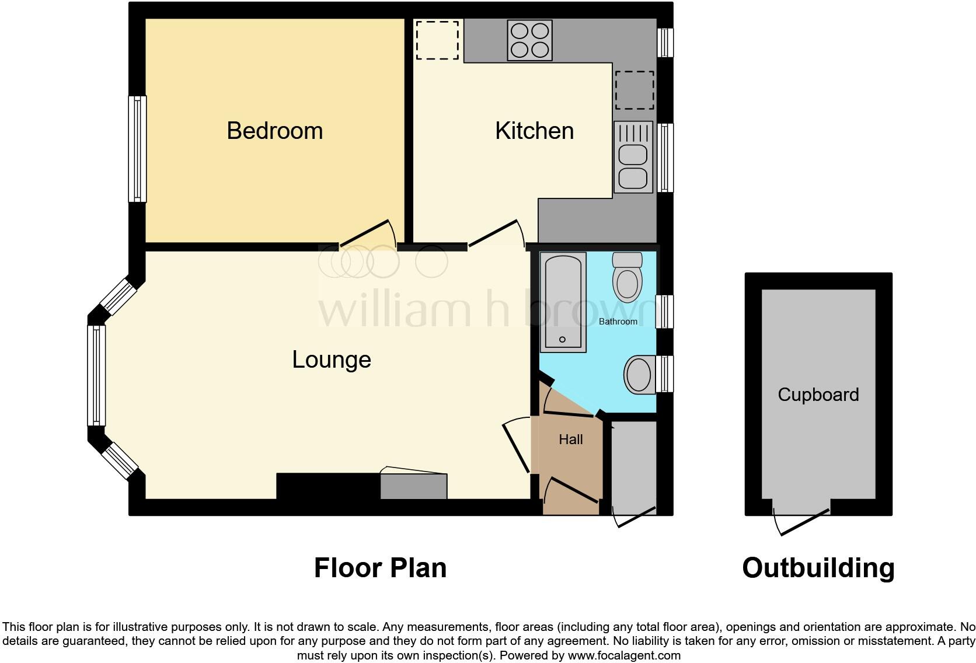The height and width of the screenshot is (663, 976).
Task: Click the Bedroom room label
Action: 274,131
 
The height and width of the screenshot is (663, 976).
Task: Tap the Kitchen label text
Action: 534,131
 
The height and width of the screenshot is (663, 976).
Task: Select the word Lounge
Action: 331,360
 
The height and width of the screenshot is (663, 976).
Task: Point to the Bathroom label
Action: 618,322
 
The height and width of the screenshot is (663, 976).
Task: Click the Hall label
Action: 570,439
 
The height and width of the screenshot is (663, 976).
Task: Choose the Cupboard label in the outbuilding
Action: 818,395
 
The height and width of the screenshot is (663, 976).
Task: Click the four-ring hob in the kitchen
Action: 529,40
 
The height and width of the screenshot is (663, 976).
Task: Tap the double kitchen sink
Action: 633,157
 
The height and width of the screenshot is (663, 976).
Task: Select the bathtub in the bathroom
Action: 563,302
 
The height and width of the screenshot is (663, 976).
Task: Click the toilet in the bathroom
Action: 627,277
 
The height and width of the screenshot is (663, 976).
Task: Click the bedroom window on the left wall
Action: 138,149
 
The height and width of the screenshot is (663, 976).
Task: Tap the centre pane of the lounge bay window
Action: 97,375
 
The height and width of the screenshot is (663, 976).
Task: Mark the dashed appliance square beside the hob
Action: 437,40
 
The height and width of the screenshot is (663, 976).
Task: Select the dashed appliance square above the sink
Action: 634,90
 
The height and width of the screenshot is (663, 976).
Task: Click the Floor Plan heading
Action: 380,568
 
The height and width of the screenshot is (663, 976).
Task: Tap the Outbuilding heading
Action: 818,568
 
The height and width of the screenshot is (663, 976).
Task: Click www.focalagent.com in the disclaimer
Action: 623,655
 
